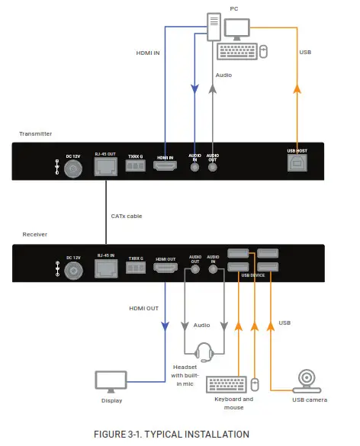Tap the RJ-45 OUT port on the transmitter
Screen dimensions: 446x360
104,168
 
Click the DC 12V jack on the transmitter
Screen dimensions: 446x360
74,169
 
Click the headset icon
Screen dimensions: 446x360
204,351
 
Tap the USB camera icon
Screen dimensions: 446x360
307,380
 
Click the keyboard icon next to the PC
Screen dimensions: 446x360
237,51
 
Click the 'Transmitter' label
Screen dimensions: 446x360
36,133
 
